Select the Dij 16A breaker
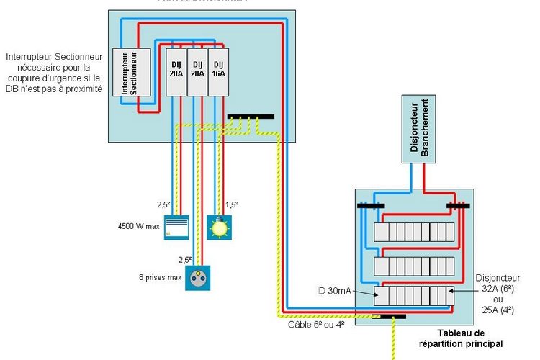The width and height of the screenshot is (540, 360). (x=218, y=72)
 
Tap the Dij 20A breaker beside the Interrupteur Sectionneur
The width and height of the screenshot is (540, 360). (x=176, y=72)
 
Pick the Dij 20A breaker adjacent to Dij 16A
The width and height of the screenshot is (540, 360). (x=197, y=72)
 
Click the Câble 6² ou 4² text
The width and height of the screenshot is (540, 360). (x=315, y=323)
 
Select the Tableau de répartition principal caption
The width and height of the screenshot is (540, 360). (x=450, y=338)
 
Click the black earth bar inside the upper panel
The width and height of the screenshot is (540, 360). (x=250, y=116)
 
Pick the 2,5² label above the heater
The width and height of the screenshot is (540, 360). (x=164, y=205)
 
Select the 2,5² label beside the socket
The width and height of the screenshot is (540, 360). (x=185, y=259)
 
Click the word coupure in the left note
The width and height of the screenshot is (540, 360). (x=22, y=78)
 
